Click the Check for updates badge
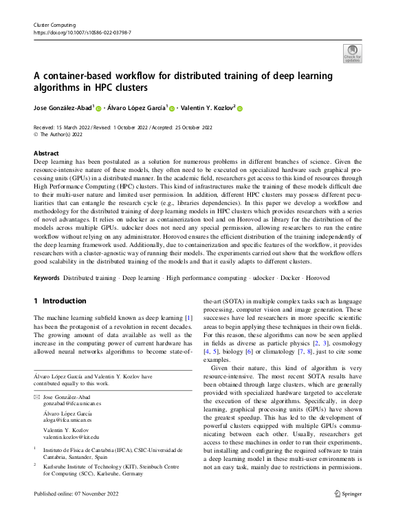pos(352,53)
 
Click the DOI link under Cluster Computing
pos(82,32)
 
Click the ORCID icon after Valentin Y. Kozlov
pos(241,108)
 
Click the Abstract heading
pos(46,153)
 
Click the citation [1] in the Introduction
pos(188,317)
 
